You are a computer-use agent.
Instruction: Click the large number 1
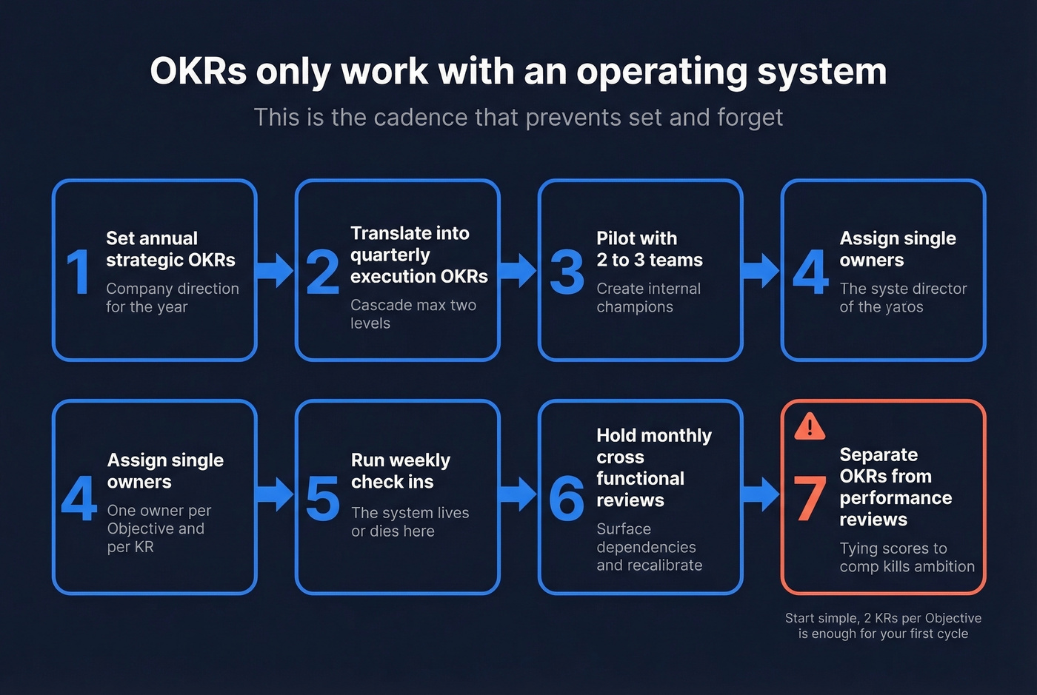79,272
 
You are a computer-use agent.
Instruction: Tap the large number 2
322,272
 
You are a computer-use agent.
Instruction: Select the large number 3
567,272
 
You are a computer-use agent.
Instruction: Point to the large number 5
322,499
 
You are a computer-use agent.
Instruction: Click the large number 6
567,499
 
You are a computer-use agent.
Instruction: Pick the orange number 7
810,499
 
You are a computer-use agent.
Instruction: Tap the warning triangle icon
810,426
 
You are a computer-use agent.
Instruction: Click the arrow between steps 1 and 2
276,270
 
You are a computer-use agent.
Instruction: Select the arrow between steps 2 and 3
518,270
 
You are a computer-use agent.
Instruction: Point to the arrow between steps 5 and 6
518,494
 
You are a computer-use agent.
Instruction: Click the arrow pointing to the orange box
761,494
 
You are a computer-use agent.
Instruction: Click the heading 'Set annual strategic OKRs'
170,249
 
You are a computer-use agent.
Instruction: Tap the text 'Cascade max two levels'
413,314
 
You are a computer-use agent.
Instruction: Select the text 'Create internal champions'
648,298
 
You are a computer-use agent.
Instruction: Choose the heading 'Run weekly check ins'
400,471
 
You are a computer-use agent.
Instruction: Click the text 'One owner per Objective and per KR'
159,528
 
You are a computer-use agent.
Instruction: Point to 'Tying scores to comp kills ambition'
907,557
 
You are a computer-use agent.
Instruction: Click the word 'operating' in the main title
661,73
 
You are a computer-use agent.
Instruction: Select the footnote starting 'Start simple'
883,625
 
